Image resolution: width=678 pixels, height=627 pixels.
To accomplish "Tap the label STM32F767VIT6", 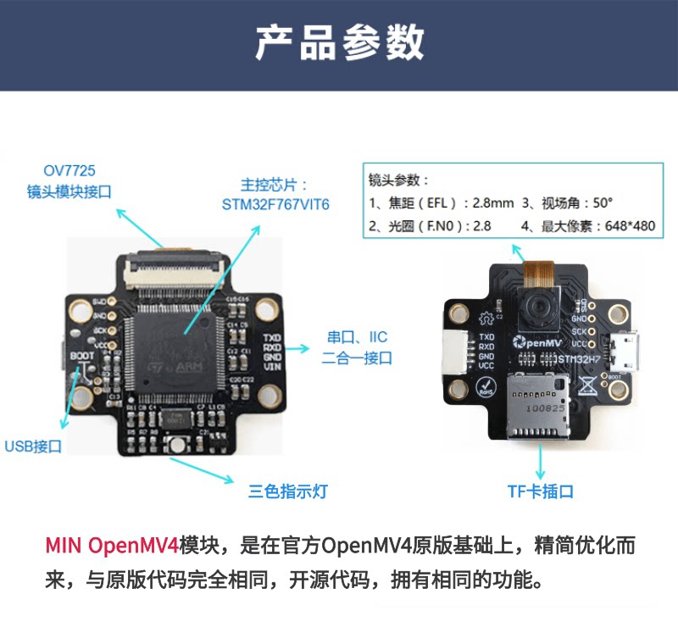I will (275, 205).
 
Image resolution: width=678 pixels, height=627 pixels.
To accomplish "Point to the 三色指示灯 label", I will (287, 491).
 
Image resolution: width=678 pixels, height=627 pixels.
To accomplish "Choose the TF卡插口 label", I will (541, 491).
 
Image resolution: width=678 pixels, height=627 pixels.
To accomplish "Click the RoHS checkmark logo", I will (486, 389).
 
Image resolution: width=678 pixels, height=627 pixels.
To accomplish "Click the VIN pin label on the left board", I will (273, 369).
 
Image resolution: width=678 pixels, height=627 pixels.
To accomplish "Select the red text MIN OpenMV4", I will (110, 545).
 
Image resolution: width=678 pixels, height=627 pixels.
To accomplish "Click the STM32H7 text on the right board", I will (578, 359).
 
